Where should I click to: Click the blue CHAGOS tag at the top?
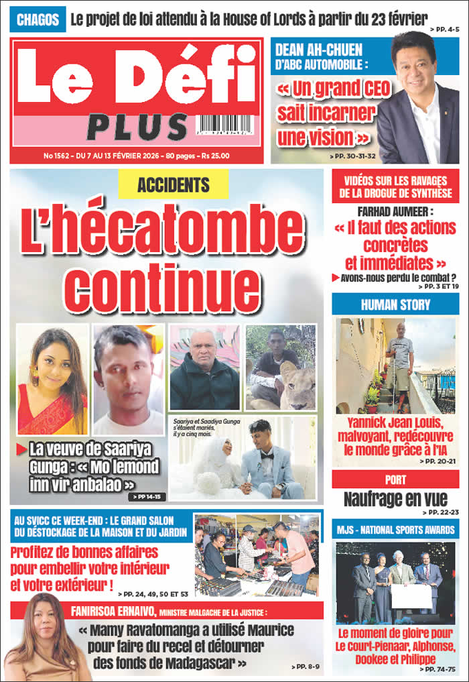(38, 19)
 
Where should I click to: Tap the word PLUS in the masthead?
(137, 127)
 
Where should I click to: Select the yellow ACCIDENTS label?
(173, 185)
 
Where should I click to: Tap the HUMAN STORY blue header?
(395, 304)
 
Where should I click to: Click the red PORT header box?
(395, 480)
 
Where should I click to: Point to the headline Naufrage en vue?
(395, 499)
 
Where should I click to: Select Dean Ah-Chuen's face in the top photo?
(422, 62)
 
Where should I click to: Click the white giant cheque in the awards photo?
(411, 596)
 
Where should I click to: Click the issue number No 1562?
(57, 156)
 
